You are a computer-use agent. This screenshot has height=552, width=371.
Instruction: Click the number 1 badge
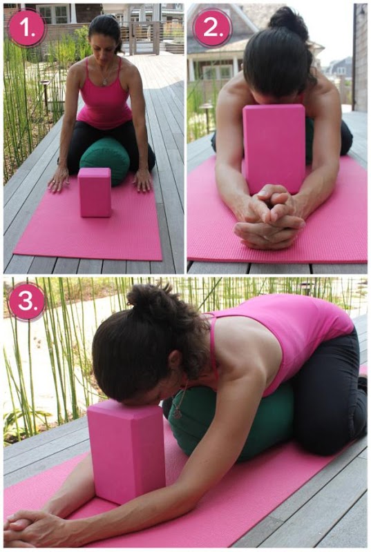pos(27,27)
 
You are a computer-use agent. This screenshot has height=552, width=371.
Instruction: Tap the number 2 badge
pos(213,27)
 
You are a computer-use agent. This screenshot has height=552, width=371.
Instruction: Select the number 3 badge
pos(27,302)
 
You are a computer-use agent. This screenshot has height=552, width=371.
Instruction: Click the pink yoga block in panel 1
pos(95,192)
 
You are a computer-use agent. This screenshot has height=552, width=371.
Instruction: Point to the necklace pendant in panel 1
pos(104,82)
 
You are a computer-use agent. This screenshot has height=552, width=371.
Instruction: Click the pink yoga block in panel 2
pos(274,148)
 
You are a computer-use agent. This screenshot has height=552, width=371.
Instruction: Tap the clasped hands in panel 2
pos(269,215)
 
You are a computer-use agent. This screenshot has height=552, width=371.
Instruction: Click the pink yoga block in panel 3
pos(126,452)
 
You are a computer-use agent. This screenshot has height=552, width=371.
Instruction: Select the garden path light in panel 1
pos(45,92)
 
